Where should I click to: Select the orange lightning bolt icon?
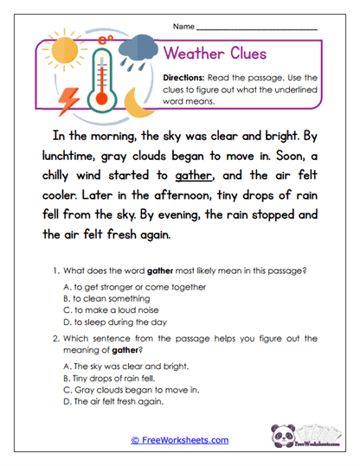pos(67,102)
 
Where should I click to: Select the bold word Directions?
pos(185,78)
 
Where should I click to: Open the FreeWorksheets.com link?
pos(180,439)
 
